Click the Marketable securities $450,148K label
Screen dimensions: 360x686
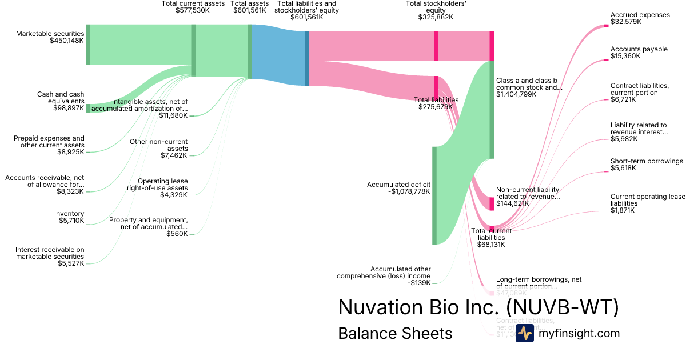50,38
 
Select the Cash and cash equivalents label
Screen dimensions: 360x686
61,101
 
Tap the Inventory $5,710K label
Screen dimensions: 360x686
69,217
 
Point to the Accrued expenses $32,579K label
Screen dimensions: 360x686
640,18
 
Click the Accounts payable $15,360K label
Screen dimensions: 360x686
639,53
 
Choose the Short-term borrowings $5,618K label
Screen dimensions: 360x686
647,165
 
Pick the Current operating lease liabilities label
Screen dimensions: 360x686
647,203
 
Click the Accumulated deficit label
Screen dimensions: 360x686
398,188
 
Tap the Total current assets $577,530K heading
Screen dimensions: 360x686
193,7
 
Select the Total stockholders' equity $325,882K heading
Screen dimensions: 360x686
436,10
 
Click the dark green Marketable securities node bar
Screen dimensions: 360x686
88,45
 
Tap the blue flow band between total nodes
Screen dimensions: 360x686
278,55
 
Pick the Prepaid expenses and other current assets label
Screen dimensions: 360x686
49,145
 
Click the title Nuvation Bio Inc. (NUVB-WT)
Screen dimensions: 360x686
478,307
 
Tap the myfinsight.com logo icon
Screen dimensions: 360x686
524,333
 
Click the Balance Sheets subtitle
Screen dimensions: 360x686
395,333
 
